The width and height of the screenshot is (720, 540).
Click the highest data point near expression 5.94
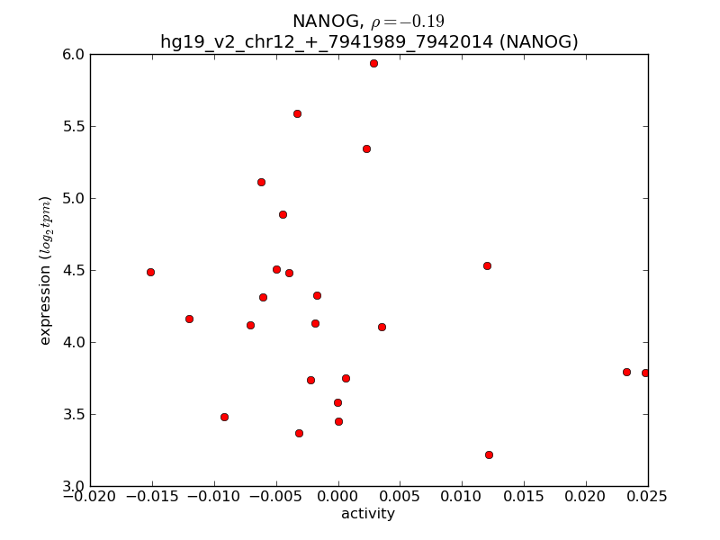[373, 63]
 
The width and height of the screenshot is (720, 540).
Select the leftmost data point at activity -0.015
[150, 272]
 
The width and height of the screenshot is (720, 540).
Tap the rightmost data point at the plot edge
[645, 373]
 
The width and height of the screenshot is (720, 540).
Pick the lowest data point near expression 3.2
[489, 454]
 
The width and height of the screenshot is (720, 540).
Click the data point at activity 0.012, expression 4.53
[487, 265]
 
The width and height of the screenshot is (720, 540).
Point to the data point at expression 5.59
[297, 113]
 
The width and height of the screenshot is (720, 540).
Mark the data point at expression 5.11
[261, 182]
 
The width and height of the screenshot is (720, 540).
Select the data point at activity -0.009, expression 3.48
[224, 417]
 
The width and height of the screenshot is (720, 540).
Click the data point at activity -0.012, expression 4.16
[189, 319]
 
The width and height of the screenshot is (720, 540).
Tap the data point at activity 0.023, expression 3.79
[626, 372]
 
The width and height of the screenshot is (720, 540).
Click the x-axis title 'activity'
[368, 515]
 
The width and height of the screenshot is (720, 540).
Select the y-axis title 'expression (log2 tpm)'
[45, 270]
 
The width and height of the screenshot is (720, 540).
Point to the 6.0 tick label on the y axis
[74, 55]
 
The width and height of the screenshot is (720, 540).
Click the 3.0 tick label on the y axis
[74, 487]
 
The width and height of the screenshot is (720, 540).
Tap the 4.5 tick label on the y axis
[74, 271]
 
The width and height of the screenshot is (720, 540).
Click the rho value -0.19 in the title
[408, 22]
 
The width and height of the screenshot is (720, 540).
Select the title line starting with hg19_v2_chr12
[369, 41]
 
